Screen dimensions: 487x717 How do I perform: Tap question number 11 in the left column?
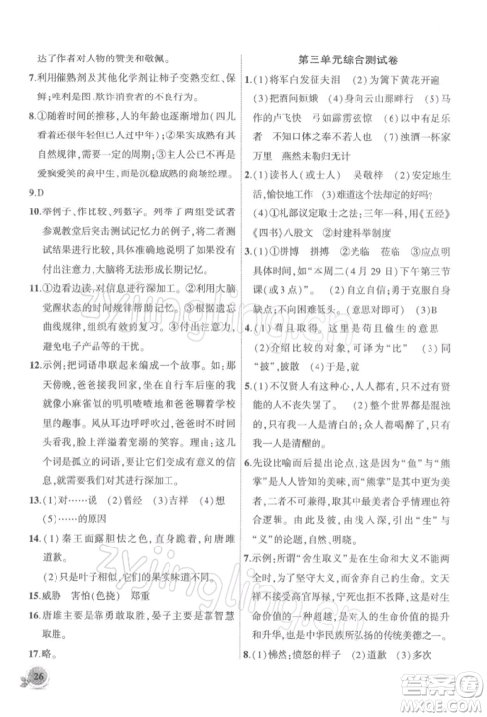pyautogui.click(x=30, y=320)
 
